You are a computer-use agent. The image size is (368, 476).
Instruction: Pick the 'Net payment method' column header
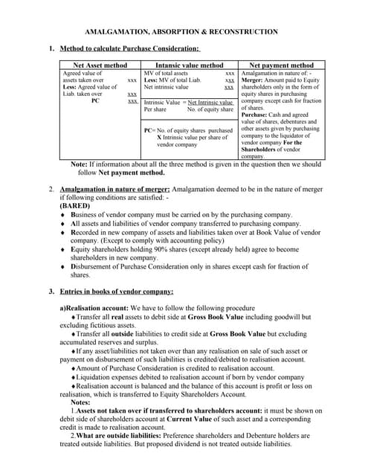click(x=280, y=65)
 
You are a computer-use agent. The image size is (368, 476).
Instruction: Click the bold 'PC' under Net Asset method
click(x=95, y=101)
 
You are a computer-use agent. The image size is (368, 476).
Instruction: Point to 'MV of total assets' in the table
click(x=165, y=74)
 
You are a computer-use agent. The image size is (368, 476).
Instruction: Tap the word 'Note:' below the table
click(x=79, y=164)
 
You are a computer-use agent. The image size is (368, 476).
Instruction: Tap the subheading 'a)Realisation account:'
click(x=95, y=308)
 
